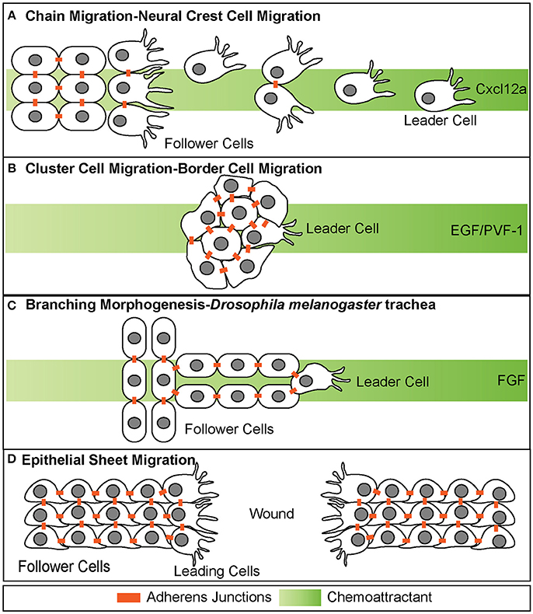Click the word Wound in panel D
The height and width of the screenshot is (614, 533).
click(272, 514)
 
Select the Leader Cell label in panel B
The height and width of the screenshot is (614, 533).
click(341, 229)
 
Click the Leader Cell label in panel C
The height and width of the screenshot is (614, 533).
click(392, 382)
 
